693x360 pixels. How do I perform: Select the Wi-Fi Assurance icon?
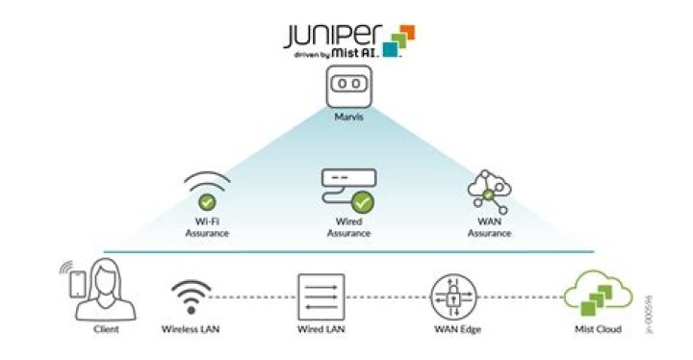click(x=207, y=191)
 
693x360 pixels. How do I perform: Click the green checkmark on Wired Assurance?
click(x=362, y=202)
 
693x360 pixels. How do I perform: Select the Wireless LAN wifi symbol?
click(x=191, y=296)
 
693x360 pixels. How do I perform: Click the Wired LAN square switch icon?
click(x=321, y=296)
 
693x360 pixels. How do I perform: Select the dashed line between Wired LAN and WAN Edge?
click(x=387, y=296)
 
